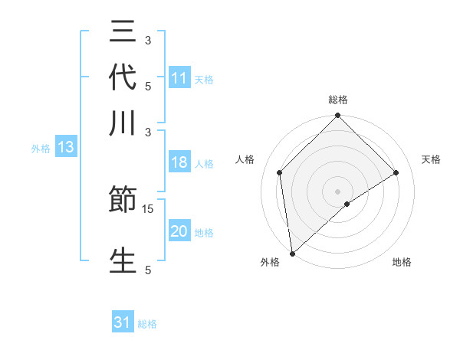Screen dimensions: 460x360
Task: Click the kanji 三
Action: click(x=123, y=31)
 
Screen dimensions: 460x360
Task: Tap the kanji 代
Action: click(x=123, y=77)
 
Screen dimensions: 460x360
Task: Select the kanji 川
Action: click(x=123, y=123)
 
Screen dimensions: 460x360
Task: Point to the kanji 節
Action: click(x=123, y=198)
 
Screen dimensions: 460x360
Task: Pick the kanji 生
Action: click(x=123, y=260)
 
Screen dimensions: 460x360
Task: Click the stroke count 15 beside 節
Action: click(x=147, y=209)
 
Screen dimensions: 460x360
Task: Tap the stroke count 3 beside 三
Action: click(x=148, y=41)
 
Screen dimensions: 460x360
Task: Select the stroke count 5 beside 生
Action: click(x=148, y=270)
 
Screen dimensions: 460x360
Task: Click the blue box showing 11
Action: click(x=179, y=77)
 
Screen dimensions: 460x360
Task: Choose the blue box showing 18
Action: click(x=179, y=162)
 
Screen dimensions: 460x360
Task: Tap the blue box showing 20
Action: click(x=179, y=230)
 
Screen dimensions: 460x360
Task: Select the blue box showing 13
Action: click(x=66, y=146)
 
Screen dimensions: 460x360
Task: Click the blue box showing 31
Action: click(x=123, y=321)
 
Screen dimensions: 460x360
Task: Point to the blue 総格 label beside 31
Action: click(x=147, y=324)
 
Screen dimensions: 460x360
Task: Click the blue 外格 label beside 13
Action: click(x=41, y=149)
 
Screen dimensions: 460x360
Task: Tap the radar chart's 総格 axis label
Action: click(x=338, y=100)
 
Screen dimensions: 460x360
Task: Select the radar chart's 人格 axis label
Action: click(x=245, y=159)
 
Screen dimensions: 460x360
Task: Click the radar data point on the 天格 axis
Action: click(x=396, y=172)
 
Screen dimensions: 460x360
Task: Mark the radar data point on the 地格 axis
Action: click(x=347, y=204)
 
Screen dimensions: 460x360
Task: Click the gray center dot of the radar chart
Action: click(x=337, y=191)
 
